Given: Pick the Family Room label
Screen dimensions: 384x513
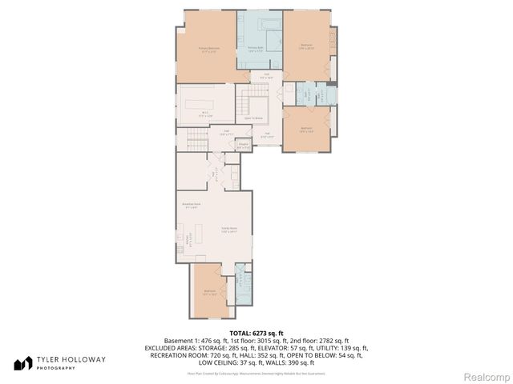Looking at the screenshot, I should pyautogui.click(x=228, y=230).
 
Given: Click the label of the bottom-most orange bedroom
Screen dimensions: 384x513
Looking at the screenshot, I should pyautogui.click(x=210, y=292).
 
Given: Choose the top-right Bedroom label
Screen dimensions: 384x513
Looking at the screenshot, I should pyautogui.click(x=306, y=46).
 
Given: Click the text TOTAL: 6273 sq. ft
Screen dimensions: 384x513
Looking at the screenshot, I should pyautogui.click(x=256, y=333).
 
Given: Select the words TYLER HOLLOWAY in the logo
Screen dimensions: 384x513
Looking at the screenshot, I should pyautogui.click(x=70, y=360).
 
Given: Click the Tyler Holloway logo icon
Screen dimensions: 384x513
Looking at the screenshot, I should pyautogui.click(x=22, y=363).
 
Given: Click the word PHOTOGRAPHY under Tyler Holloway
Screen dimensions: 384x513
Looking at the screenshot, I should pyautogui.click(x=54, y=369).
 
